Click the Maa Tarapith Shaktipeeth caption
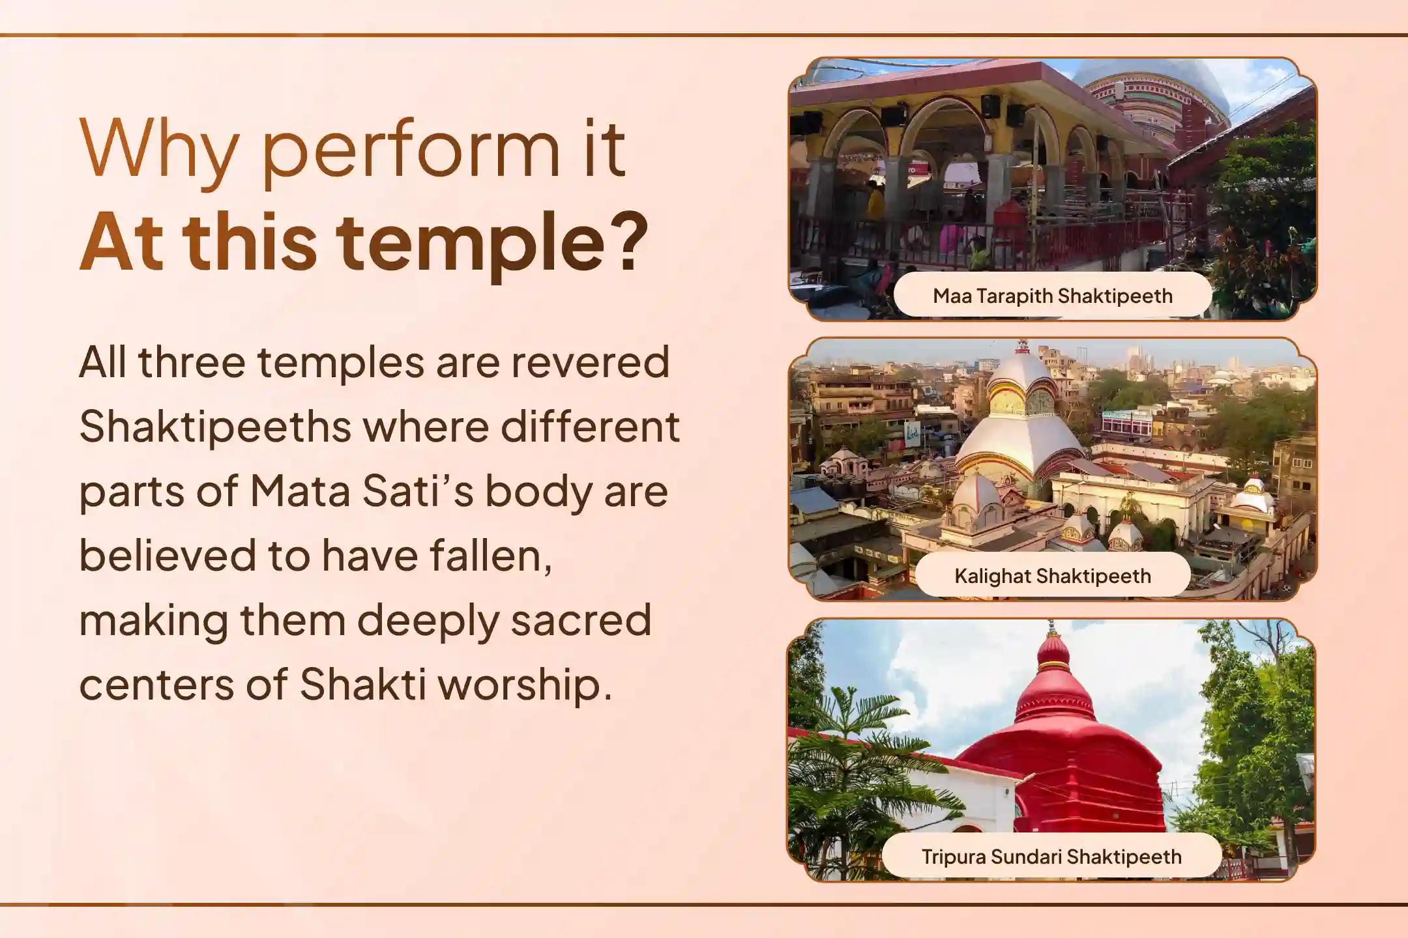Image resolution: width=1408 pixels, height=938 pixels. [1052, 296]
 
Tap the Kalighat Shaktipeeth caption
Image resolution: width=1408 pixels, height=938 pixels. [1052, 576]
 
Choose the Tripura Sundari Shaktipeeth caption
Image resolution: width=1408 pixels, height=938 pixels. [1051, 856]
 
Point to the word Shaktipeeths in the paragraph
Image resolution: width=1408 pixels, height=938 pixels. [215, 427]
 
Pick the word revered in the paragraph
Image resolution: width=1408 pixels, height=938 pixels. [590, 362]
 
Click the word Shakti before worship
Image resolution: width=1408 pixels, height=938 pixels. [362, 685]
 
